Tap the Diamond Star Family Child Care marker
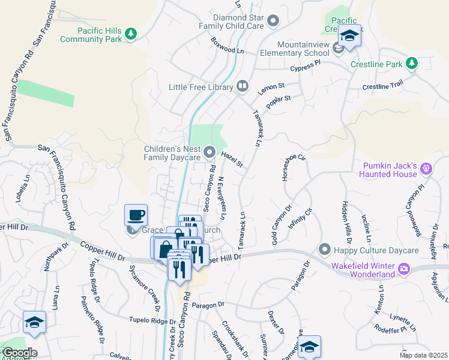click(x=274, y=22)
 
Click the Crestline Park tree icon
click(x=411, y=64)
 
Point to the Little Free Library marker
click(x=243, y=85)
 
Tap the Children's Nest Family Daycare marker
click(x=209, y=153)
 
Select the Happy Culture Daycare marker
click(x=325, y=248)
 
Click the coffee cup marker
click(x=136, y=215)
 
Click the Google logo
click(x=19, y=353)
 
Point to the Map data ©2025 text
click(x=423, y=355)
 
